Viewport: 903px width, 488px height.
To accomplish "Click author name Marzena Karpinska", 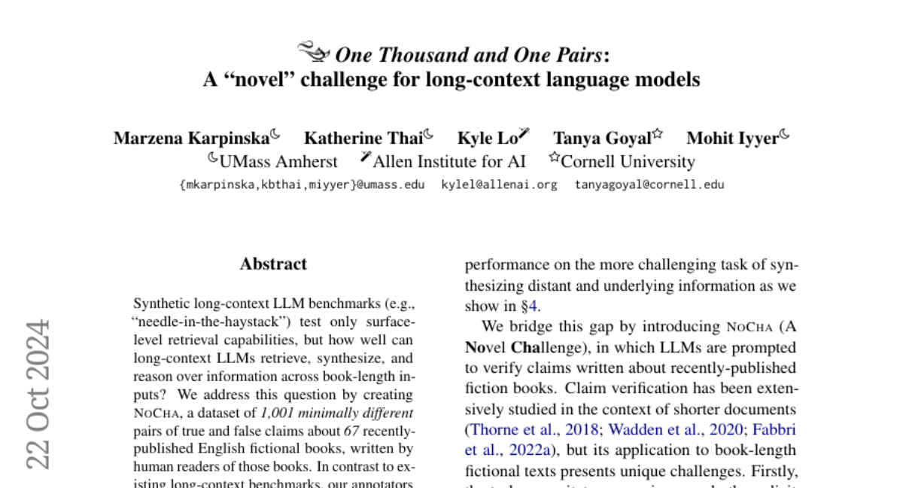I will point(191,139).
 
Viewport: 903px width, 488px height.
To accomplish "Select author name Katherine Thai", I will point(363,139).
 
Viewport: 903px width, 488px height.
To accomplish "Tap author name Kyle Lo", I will point(487,139).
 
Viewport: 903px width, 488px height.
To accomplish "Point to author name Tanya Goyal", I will point(602,139).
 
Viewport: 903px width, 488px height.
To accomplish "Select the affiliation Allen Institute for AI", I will point(449,162).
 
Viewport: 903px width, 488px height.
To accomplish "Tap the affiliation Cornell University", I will point(628,162).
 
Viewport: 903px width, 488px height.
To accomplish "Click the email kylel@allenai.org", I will point(499,185).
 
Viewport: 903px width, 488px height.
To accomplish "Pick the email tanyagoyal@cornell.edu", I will point(649,185).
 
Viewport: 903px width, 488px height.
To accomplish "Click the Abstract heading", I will point(273,264).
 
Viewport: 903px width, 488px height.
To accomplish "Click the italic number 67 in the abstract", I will point(351,432).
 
